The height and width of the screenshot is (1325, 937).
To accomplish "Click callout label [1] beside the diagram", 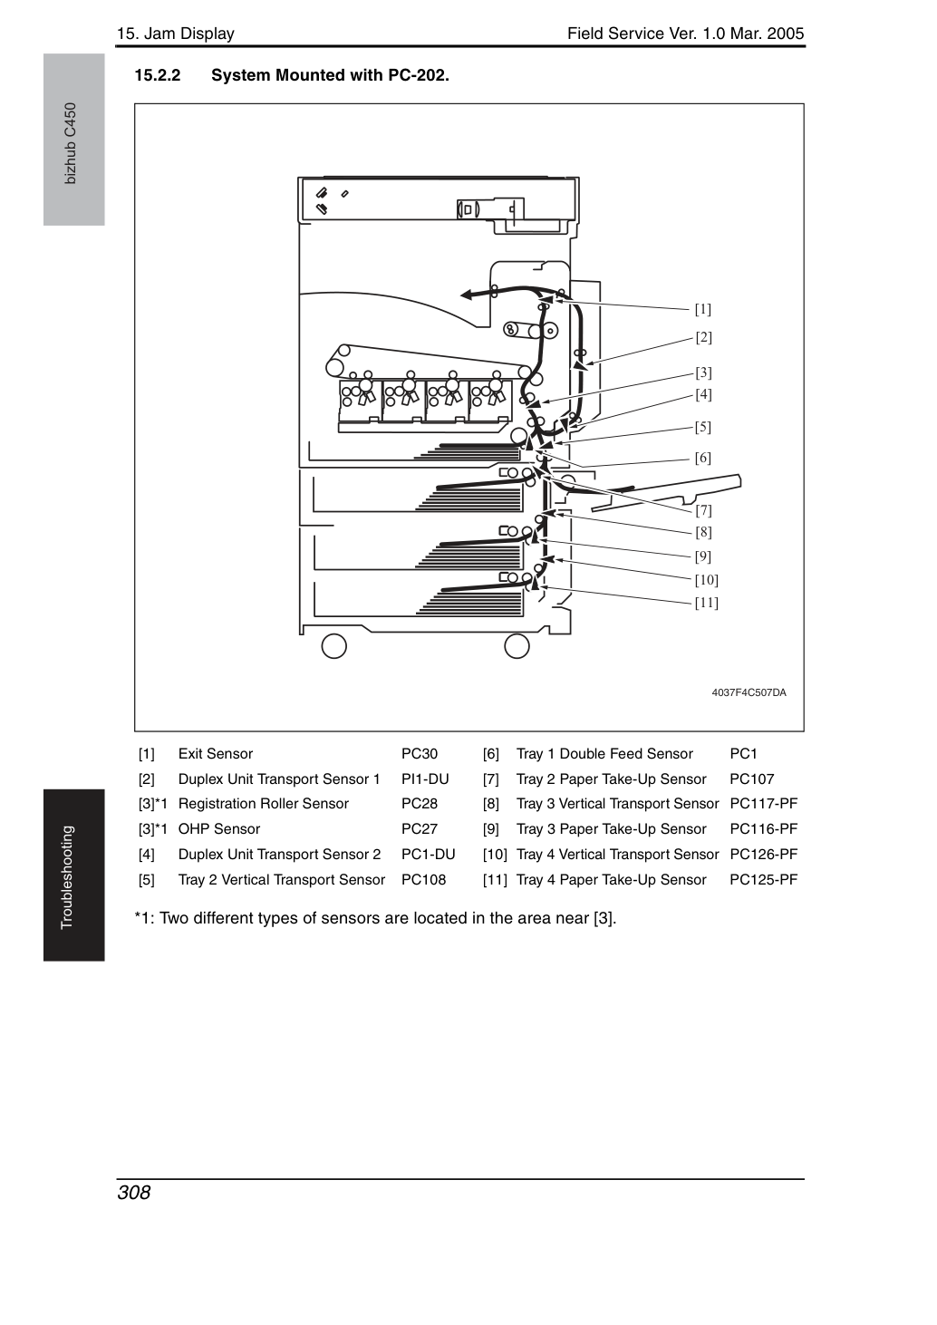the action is point(703,309).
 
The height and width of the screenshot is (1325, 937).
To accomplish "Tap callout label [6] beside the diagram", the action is point(703,458).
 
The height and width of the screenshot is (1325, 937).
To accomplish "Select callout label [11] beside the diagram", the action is point(706,602).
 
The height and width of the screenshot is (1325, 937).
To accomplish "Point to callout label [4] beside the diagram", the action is point(703,394).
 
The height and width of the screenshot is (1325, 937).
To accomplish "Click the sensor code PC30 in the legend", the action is point(420,754).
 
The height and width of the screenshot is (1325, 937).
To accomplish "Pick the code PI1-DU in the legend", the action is point(425,779).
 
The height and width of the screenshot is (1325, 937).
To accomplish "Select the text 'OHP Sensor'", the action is point(219,828).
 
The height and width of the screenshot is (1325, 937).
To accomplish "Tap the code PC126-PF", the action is point(764,854).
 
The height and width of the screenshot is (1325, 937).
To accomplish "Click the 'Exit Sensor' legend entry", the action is point(216,754).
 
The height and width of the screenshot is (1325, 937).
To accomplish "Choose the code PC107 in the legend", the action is point(752,779).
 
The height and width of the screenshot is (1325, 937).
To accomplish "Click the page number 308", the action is point(134,1192).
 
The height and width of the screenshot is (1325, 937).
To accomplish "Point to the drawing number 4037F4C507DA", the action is point(749,692).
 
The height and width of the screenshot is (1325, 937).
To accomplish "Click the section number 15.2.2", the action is point(158,75).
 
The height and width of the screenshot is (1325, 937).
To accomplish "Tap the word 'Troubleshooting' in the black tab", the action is point(67,877).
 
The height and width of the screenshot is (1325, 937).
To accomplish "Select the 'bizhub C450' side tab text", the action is point(70,144).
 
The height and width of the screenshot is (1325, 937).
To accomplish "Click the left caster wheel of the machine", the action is point(333,646).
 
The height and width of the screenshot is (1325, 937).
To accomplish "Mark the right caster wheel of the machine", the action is point(517,646).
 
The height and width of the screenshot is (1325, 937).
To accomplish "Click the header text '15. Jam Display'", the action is point(176,34).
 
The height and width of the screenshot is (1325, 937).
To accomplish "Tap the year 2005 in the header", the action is point(786,34).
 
